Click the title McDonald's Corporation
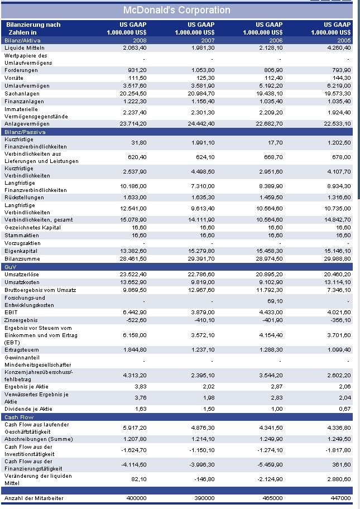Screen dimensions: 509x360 tap(176, 10)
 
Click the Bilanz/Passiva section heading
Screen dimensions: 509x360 tap(25, 132)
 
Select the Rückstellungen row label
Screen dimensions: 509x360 tap(25, 198)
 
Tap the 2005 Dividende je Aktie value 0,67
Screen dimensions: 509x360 tap(344, 409)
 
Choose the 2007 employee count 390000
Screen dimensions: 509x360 tap(203, 498)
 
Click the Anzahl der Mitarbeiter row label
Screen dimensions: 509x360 tap(33, 498)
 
